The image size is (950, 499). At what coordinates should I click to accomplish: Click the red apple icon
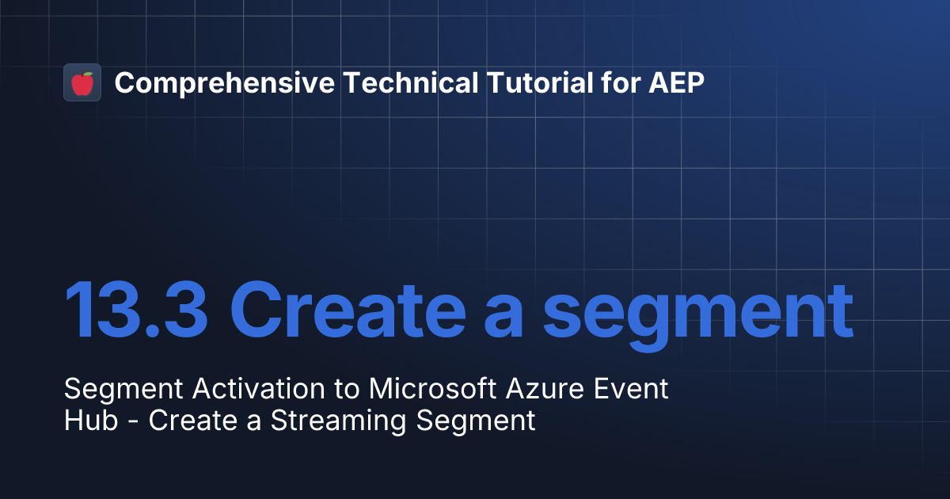pos(82,82)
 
